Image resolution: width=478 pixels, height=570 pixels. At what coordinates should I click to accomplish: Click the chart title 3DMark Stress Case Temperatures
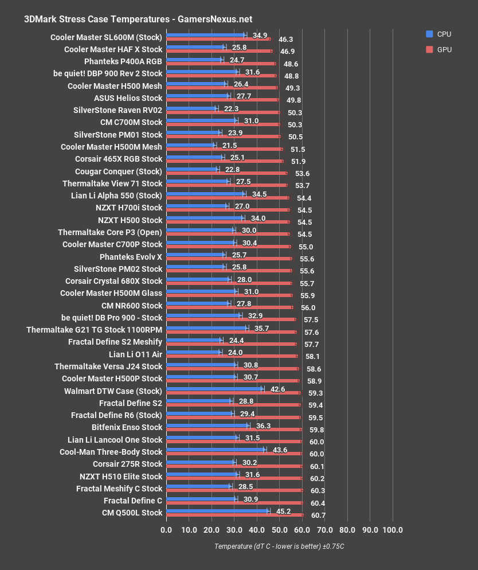coord(138,19)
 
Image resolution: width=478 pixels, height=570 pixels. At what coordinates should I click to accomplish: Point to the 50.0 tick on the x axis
coord(279,529)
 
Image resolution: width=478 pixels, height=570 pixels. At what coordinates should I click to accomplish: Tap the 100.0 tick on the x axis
coord(393,529)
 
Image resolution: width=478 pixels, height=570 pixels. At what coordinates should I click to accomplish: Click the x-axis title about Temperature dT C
coord(279,546)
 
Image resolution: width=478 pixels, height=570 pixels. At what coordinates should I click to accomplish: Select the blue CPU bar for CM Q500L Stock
coord(217,510)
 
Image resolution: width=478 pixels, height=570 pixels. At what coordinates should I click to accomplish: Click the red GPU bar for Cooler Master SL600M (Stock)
coord(218,39)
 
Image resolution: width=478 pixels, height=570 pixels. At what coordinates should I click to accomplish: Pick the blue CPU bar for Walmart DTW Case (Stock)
coord(214,388)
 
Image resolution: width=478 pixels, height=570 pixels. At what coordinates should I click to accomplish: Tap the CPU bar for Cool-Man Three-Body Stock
coord(216,450)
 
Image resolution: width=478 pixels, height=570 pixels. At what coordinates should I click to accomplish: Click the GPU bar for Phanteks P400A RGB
coord(221,63)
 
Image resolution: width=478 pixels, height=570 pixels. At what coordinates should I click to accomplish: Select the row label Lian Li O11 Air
coord(135,354)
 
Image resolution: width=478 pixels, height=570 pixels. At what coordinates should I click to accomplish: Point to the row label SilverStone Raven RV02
coord(118,110)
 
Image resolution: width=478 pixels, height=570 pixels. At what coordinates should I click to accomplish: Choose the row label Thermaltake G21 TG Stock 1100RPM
coord(95,330)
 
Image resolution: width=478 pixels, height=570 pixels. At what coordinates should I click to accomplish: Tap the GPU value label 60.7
coord(318,516)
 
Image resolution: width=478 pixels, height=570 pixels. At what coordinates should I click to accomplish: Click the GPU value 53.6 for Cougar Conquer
coord(302,173)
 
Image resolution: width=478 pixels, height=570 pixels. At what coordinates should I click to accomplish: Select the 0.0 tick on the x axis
coord(166,529)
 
